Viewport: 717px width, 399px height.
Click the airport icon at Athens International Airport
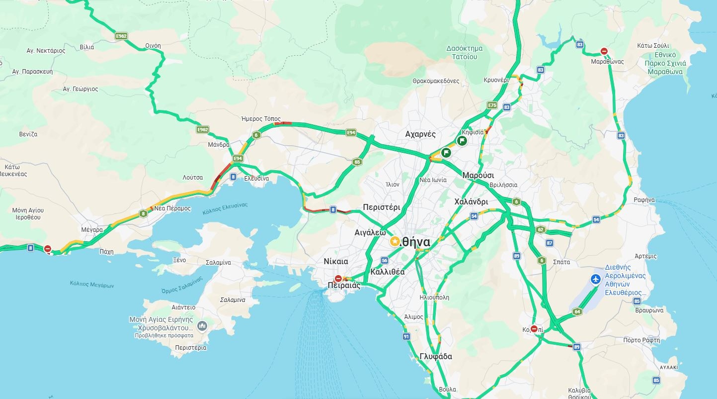click(x=596, y=279)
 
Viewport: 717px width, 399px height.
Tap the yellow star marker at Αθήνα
click(x=395, y=242)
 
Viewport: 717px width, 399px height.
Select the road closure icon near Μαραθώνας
click(x=604, y=51)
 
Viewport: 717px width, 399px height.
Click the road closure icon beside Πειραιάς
click(x=338, y=279)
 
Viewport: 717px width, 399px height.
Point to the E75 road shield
click(x=492, y=105)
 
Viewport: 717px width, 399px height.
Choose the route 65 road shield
click(x=357, y=162)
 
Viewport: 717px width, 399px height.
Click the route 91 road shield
click(x=406, y=337)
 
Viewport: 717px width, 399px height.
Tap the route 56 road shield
click(x=384, y=260)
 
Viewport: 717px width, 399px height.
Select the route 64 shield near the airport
click(x=577, y=312)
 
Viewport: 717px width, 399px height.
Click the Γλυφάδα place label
click(x=436, y=357)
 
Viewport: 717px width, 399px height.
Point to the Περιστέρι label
click(x=381, y=207)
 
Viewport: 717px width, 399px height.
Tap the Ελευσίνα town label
click(x=256, y=178)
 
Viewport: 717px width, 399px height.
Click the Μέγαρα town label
click(x=92, y=230)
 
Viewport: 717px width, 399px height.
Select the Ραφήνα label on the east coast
click(x=644, y=200)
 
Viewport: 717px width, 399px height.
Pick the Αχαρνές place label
click(x=420, y=134)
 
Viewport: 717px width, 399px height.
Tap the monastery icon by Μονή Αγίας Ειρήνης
click(x=202, y=326)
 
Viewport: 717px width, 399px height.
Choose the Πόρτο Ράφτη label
click(x=641, y=340)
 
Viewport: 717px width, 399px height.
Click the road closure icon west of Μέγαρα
click(x=48, y=249)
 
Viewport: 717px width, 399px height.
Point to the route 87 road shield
click(x=549, y=243)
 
